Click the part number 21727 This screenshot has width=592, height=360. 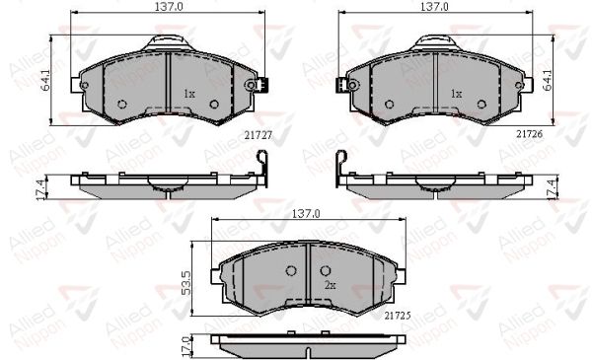click(x=259, y=135)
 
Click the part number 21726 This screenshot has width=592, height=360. click(x=529, y=133)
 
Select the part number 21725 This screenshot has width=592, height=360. click(x=398, y=316)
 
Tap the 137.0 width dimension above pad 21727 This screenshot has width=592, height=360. click(x=169, y=7)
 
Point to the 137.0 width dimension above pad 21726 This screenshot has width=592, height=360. click(x=434, y=7)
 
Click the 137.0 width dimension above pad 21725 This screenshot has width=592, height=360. click(x=306, y=214)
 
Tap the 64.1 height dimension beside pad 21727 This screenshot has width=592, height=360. click(x=45, y=80)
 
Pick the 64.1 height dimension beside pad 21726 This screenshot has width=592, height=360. click(x=548, y=80)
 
